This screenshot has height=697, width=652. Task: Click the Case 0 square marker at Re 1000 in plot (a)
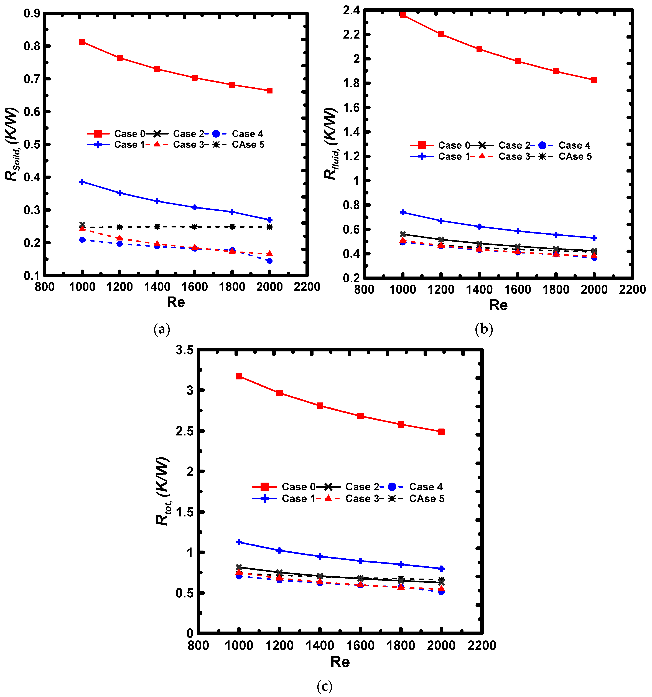tap(82, 42)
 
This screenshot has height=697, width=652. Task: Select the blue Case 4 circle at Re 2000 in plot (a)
tap(269, 260)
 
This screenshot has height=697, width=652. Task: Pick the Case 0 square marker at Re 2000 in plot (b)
tap(594, 80)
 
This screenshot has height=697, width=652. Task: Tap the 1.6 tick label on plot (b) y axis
tap(352, 108)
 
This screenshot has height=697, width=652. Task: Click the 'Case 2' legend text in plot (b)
tap(514, 145)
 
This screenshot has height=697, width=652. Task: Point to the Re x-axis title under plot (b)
tap(498, 305)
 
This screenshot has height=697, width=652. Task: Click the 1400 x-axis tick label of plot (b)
tap(479, 290)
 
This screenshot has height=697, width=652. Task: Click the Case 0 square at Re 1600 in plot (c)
tap(360, 416)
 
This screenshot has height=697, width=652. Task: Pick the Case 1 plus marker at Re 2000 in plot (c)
tap(441, 568)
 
